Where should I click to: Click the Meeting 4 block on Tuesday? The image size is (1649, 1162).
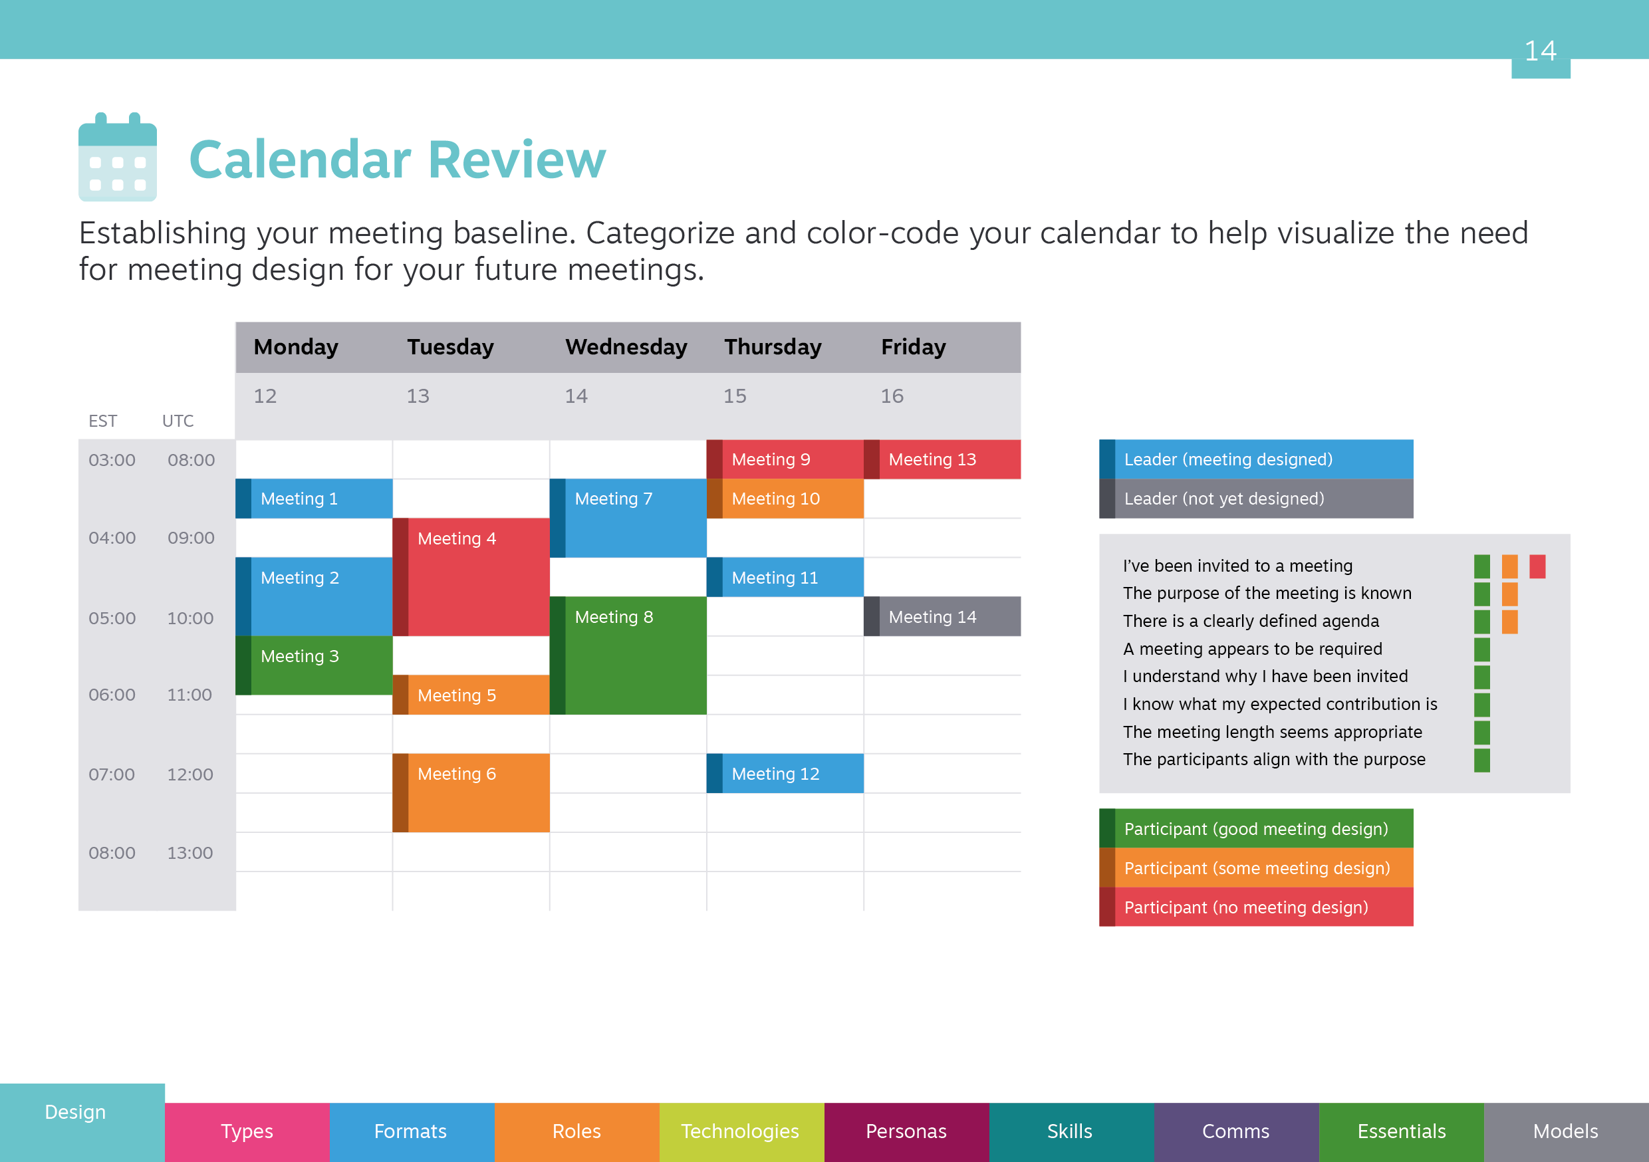tap(471, 577)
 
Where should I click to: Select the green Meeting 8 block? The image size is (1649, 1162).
tap(628, 655)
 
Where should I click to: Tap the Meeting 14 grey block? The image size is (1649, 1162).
tap(942, 616)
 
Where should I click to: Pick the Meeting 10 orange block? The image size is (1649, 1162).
tap(785, 499)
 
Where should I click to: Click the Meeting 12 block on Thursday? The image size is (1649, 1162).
tap(785, 774)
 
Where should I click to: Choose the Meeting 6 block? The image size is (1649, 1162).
tap(471, 793)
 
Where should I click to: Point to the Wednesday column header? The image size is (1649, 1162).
tap(626, 347)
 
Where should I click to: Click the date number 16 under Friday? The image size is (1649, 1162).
tap(892, 396)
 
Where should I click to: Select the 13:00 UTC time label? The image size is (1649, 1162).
tap(190, 852)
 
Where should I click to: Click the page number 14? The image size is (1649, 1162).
tap(1541, 51)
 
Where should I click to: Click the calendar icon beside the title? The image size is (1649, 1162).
tap(118, 157)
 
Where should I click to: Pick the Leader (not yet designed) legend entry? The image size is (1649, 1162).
tap(1256, 499)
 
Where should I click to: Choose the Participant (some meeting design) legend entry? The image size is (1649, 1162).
tap(1256, 868)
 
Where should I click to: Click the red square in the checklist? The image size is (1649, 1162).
tap(1537, 566)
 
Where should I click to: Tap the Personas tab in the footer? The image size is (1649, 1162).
tap(906, 1132)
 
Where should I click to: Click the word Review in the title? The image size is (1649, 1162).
tap(517, 159)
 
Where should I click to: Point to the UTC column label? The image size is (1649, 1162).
tap(178, 421)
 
